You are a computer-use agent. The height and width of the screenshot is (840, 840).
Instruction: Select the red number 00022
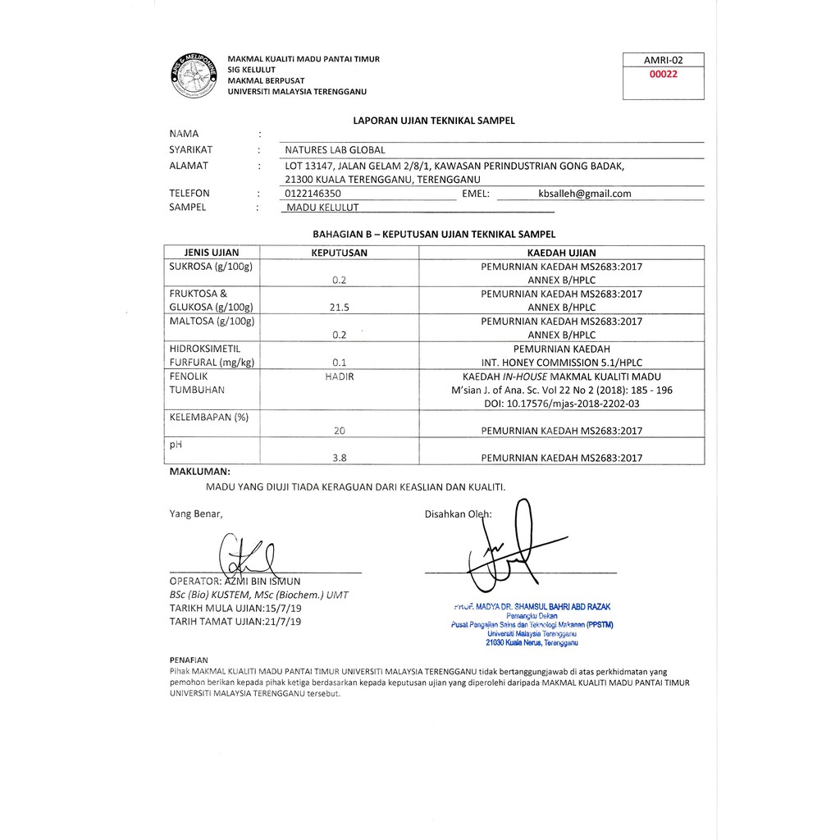coord(663,73)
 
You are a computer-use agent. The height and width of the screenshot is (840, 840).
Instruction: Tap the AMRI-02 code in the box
coord(663,60)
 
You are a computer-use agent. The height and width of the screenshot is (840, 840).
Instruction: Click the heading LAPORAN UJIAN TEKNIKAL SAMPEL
coord(434,120)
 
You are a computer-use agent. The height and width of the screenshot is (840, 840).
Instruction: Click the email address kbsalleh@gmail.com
coord(585,194)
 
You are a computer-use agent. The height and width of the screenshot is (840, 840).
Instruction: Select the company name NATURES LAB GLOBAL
coord(335,150)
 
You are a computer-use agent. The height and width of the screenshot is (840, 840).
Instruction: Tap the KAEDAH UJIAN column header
coord(562,253)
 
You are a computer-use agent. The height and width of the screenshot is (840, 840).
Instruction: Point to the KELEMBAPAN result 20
coord(340,431)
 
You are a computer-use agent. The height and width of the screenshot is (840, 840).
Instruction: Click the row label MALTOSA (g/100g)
coord(212,321)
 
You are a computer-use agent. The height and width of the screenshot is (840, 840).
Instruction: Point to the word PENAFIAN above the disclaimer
coord(189,660)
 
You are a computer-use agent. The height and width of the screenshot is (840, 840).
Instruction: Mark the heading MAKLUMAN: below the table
coord(199,472)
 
